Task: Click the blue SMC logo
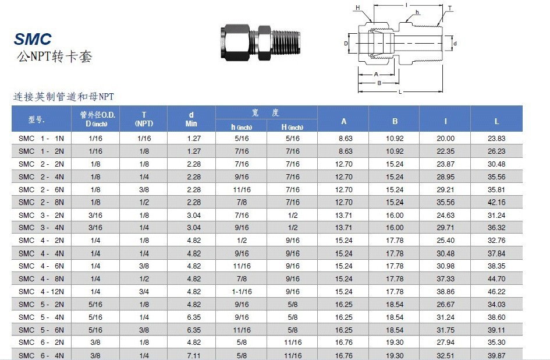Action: click(x=33, y=38)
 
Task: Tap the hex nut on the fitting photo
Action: click(x=235, y=42)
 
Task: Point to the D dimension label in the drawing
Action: click(x=346, y=44)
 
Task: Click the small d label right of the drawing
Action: click(x=455, y=44)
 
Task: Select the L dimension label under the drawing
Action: click(x=400, y=92)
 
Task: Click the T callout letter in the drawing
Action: click(x=450, y=8)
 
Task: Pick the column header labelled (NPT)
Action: click(x=144, y=123)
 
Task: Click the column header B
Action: click(x=395, y=121)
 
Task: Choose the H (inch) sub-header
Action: click(x=292, y=127)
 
